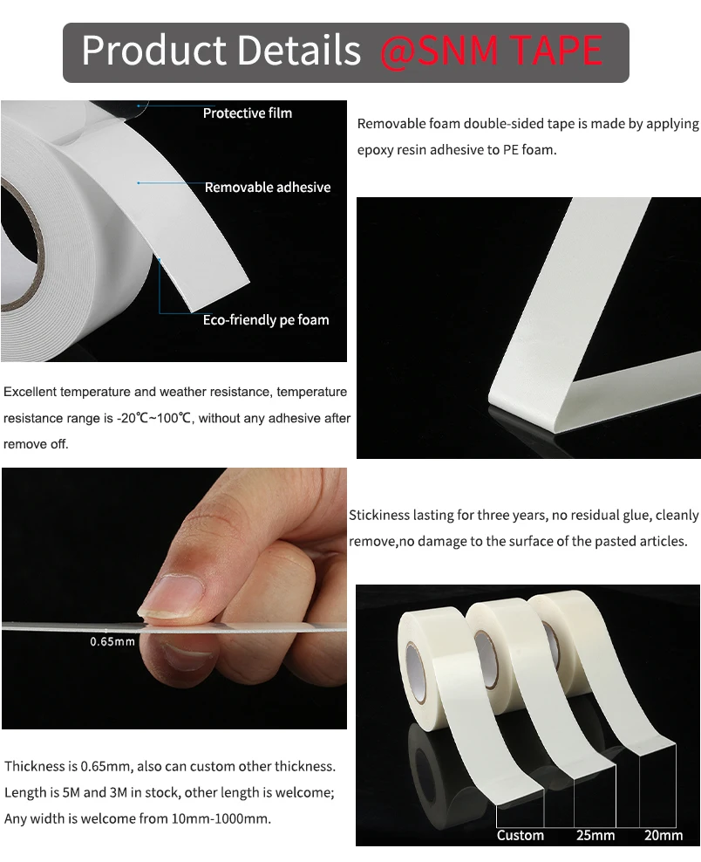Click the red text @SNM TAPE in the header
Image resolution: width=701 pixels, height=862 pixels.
point(491,51)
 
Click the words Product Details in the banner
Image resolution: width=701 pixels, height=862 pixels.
point(221,51)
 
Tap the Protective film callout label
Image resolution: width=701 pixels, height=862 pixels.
point(248,113)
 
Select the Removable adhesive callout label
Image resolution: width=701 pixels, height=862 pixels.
point(267,188)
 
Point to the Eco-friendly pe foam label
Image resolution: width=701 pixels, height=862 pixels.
point(266,320)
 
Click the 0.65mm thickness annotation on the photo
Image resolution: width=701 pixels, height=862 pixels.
point(112,642)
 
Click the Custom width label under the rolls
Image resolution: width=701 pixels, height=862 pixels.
point(520,836)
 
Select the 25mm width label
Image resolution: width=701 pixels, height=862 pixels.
point(596,836)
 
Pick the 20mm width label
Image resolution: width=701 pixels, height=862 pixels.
point(664,836)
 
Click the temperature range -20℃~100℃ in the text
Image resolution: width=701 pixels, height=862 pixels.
point(153,419)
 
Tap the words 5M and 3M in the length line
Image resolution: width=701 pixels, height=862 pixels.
point(96,792)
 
